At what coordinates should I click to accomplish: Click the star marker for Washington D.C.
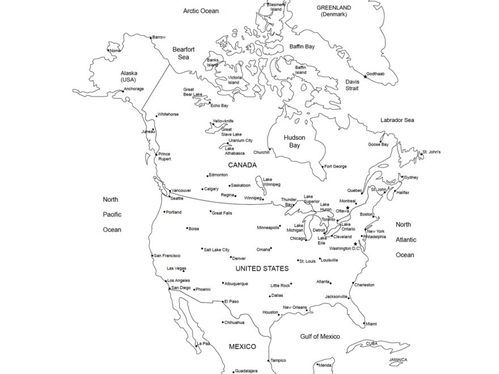pyautogui.click(x=356, y=244)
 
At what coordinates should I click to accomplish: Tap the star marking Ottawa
pyautogui.click(x=348, y=208)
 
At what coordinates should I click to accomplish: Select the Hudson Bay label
pyautogui.click(x=294, y=142)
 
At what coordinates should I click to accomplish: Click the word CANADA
pyautogui.click(x=242, y=165)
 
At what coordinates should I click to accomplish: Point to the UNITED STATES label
pyautogui.click(x=262, y=269)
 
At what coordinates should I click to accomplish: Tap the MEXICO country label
pyautogui.click(x=242, y=346)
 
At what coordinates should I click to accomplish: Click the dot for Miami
pyautogui.click(x=363, y=324)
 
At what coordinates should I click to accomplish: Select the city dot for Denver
pyautogui.click(x=231, y=257)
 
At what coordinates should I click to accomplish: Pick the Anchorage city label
pyautogui.click(x=134, y=89)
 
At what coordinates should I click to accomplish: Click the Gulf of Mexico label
pyautogui.click(x=320, y=337)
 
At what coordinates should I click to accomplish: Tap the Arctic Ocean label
pyautogui.click(x=200, y=10)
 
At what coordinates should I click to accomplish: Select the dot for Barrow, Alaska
pyautogui.click(x=150, y=39)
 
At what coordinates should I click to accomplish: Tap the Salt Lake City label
pyautogui.click(x=217, y=249)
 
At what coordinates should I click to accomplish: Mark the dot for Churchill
pyautogui.click(x=271, y=150)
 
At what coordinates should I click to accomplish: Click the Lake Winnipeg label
pyautogui.click(x=271, y=182)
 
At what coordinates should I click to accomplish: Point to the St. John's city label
pyautogui.click(x=432, y=152)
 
